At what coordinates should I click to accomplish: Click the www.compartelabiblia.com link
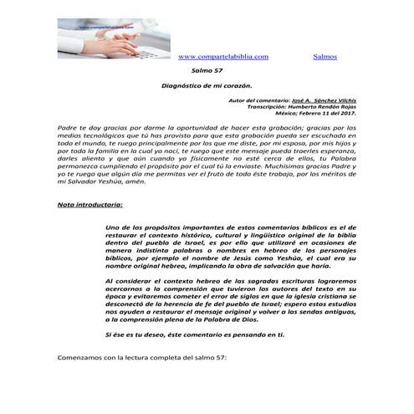tap(223, 56)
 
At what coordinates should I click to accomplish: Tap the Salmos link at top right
tap(325, 56)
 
